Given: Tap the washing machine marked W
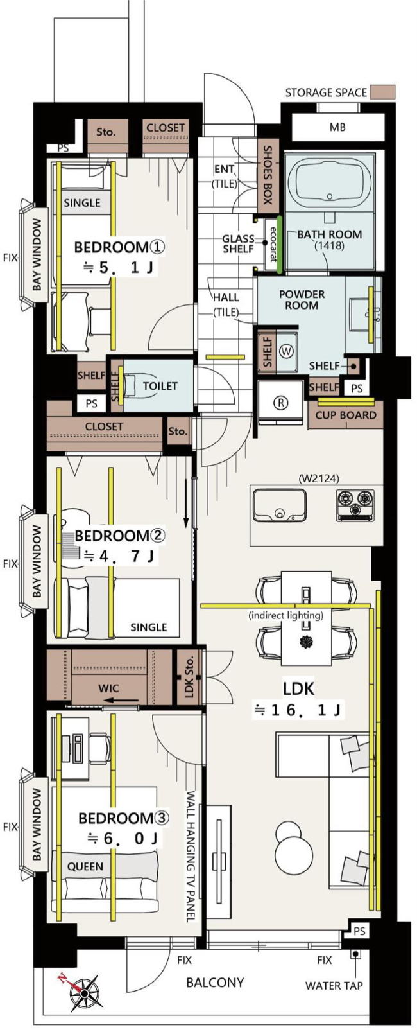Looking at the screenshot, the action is pyautogui.click(x=286, y=351).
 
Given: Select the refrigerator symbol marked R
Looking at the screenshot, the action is pyautogui.click(x=281, y=402).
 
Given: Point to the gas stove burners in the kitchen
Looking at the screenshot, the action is pyautogui.click(x=355, y=505).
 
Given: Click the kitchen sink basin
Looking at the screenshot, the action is pyautogui.click(x=279, y=505).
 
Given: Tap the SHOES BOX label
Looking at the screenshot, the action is pyautogui.click(x=268, y=175).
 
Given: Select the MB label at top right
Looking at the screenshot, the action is pyautogui.click(x=337, y=127).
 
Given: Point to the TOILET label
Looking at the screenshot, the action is pyautogui.click(x=160, y=385).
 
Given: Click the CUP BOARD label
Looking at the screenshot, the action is pyautogui.click(x=346, y=415).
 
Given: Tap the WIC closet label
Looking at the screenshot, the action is pyautogui.click(x=108, y=688).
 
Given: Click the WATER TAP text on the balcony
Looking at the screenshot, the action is pyautogui.click(x=334, y=986).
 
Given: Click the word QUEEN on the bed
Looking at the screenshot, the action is pyautogui.click(x=85, y=866).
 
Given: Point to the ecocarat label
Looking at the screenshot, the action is pyautogui.click(x=273, y=243).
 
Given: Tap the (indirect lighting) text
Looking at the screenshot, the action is pyautogui.click(x=286, y=615).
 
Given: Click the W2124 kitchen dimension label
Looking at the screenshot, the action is pyautogui.click(x=318, y=478).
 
